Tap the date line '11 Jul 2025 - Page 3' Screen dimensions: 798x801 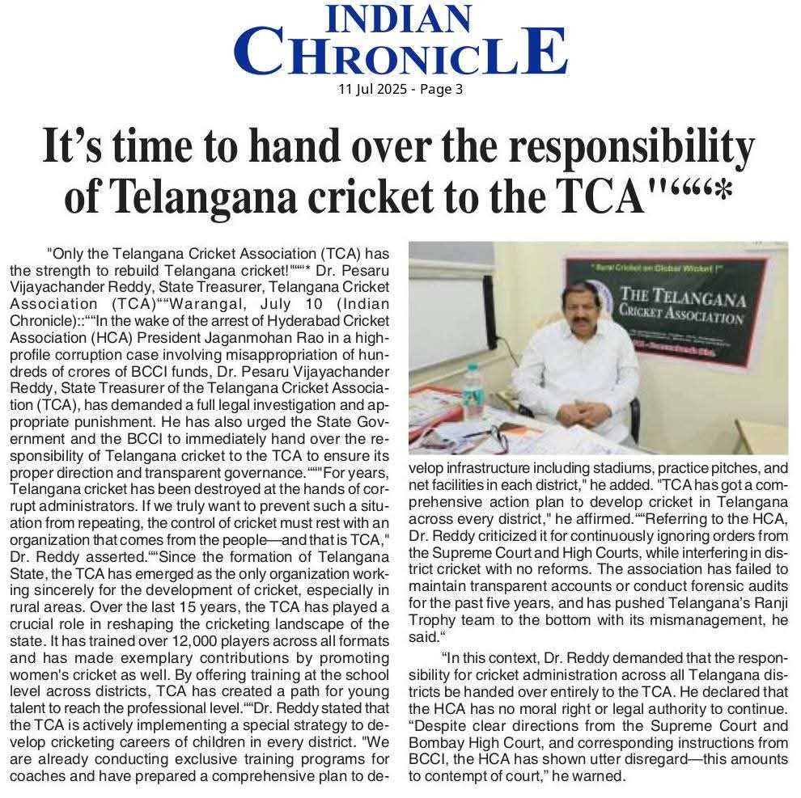pos(400,89)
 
